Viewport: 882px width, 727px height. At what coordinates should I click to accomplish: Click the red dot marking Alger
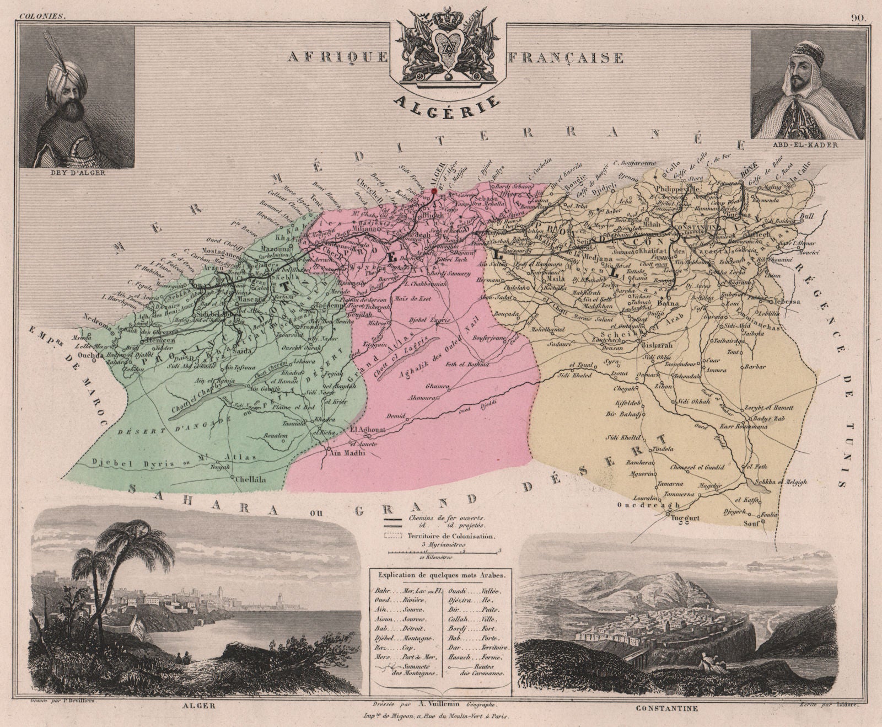[x=434, y=191]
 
